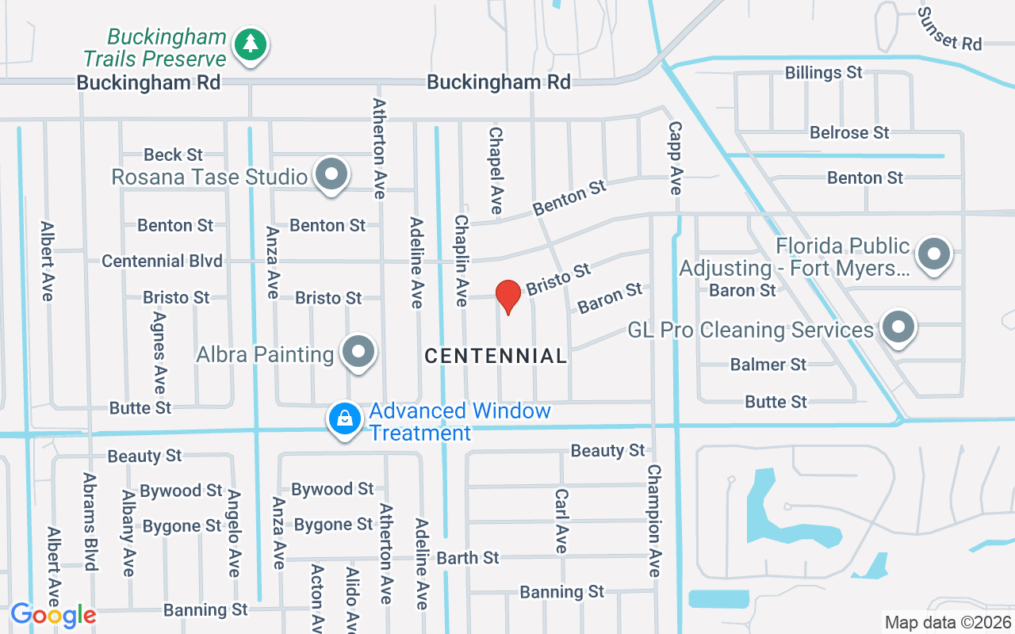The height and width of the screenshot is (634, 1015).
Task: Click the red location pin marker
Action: [507, 296]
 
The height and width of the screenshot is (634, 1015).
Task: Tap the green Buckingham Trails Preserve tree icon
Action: [251, 44]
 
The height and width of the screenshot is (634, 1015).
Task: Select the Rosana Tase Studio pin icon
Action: [331, 174]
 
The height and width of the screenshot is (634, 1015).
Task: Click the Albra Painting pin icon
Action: [358, 352]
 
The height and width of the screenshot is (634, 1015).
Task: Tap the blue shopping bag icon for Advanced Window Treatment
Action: [345, 418]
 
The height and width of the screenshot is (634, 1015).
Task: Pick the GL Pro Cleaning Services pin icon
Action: [898, 327]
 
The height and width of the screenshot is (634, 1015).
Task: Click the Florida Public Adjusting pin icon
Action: [934, 254]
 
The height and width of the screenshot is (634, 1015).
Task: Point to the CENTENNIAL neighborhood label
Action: [496, 357]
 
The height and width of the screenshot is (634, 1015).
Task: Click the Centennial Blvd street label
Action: [162, 262]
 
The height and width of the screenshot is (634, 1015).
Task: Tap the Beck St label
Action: [173, 155]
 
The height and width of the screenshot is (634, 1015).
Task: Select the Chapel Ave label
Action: [496, 170]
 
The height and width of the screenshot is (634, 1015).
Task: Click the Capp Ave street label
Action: [675, 157]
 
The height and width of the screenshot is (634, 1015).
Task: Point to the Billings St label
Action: [823, 73]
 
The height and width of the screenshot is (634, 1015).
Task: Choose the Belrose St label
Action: [849, 132]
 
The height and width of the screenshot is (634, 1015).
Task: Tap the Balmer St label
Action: [768, 365]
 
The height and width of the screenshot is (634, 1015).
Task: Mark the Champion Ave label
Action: [653, 520]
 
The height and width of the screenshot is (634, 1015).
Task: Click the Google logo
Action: [53, 615]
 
